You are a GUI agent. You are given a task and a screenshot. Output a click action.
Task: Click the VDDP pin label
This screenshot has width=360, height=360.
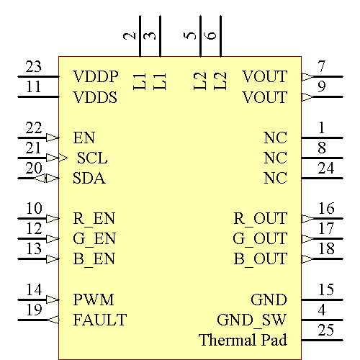[95, 76]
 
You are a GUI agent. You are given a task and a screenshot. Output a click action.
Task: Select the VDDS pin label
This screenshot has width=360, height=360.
[95, 96]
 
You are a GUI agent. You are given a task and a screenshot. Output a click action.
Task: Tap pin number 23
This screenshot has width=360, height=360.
[33, 67]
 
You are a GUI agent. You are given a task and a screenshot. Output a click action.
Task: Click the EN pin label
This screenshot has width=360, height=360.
[84, 137]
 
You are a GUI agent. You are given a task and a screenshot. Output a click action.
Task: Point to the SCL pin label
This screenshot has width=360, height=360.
[91, 158]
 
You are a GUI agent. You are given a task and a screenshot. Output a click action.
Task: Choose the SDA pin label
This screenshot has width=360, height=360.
[89, 178]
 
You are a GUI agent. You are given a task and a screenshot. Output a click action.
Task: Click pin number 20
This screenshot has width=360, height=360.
[33, 168]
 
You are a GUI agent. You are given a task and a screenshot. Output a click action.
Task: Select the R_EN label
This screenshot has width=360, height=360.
[94, 218]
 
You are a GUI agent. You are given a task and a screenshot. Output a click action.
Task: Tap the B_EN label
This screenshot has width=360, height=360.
[94, 258]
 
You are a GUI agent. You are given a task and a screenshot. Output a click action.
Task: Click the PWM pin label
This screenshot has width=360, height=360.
[94, 299]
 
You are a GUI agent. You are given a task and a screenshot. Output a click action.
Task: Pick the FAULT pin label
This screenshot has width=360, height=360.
[99, 319]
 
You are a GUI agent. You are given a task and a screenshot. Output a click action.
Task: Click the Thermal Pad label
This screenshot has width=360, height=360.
[243, 339]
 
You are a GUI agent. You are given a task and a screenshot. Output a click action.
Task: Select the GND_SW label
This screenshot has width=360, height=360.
[251, 319]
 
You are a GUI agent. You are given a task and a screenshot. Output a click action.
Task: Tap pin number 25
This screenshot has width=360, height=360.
[326, 330]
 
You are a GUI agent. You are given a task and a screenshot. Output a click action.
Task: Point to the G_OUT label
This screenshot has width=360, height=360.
[259, 238]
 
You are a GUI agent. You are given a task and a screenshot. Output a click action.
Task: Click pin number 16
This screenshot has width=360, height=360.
[326, 209]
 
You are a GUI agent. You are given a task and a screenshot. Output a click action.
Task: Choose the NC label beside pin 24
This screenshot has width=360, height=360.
[275, 178]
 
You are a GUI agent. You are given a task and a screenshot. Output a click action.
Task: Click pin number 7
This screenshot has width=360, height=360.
[322, 67]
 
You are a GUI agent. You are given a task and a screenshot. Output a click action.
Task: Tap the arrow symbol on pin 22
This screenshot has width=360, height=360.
[52, 137]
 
